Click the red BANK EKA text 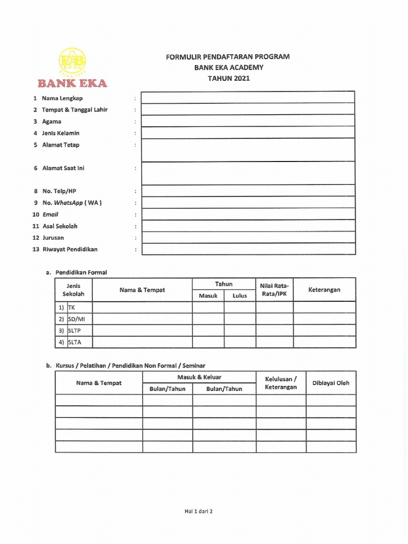point(72,83)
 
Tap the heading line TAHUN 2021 point(228,78)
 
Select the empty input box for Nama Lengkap point(248,97)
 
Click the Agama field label point(52,122)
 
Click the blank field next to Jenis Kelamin point(248,132)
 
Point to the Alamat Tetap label point(61,145)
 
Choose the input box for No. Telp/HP point(248,191)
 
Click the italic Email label point(50,215)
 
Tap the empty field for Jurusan point(248,237)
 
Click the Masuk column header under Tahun point(208,296)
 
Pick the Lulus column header point(240,296)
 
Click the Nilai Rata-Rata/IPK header point(274,290)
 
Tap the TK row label point(72,308)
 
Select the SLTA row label point(75,342)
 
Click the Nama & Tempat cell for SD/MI point(142,319)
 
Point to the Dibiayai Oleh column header point(331,383)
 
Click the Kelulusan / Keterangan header point(280,383)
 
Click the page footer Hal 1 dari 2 point(198,512)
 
